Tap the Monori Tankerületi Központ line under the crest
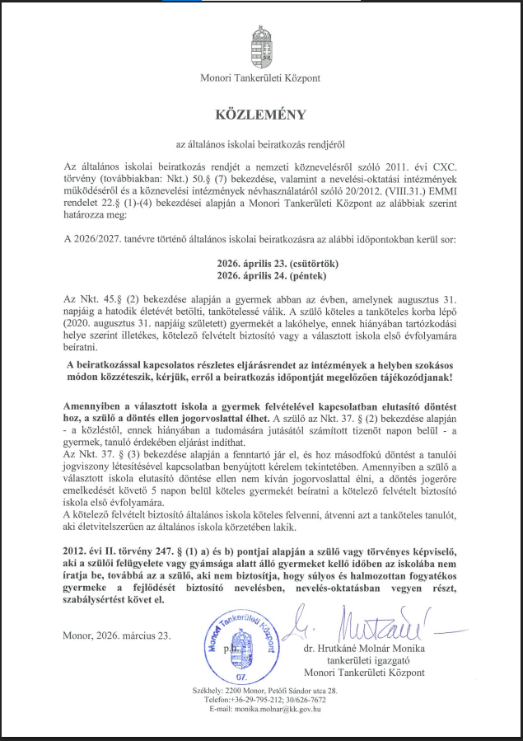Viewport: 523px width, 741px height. (260, 78)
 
